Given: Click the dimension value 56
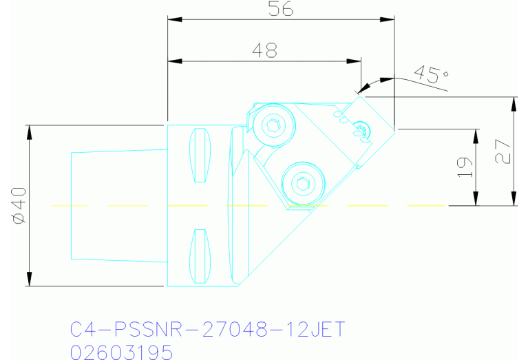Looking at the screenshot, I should [x=282, y=9].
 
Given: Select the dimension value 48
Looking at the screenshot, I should [x=265, y=50].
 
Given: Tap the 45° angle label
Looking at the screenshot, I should [x=430, y=74].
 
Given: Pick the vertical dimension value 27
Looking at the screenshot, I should [x=503, y=151].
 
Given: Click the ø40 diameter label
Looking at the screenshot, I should [x=19, y=205].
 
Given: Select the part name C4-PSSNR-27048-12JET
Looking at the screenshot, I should [x=207, y=330].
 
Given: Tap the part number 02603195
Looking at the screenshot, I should [x=121, y=352].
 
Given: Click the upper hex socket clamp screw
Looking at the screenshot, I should [x=274, y=126].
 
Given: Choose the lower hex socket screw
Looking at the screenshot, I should [x=302, y=183].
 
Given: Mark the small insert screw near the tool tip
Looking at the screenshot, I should [x=361, y=129].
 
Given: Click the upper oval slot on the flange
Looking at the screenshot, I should [x=199, y=155].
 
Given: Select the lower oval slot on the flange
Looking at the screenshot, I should [x=199, y=255].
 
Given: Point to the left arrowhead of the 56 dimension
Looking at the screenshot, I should [x=173, y=20].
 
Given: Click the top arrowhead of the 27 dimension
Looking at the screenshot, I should [x=513, y=103].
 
